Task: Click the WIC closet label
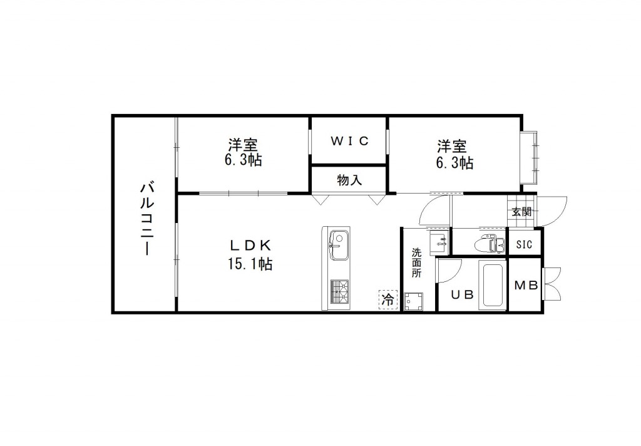349,141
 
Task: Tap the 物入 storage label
349,180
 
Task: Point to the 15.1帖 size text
249,264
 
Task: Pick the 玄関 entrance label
521,212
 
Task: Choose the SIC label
525,244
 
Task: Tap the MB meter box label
526,286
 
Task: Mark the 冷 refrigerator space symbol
387,300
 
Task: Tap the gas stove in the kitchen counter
340,291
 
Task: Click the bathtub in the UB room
493,285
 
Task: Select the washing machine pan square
413,303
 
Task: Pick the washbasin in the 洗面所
438,240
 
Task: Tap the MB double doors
552,285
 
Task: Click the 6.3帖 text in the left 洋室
244,160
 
